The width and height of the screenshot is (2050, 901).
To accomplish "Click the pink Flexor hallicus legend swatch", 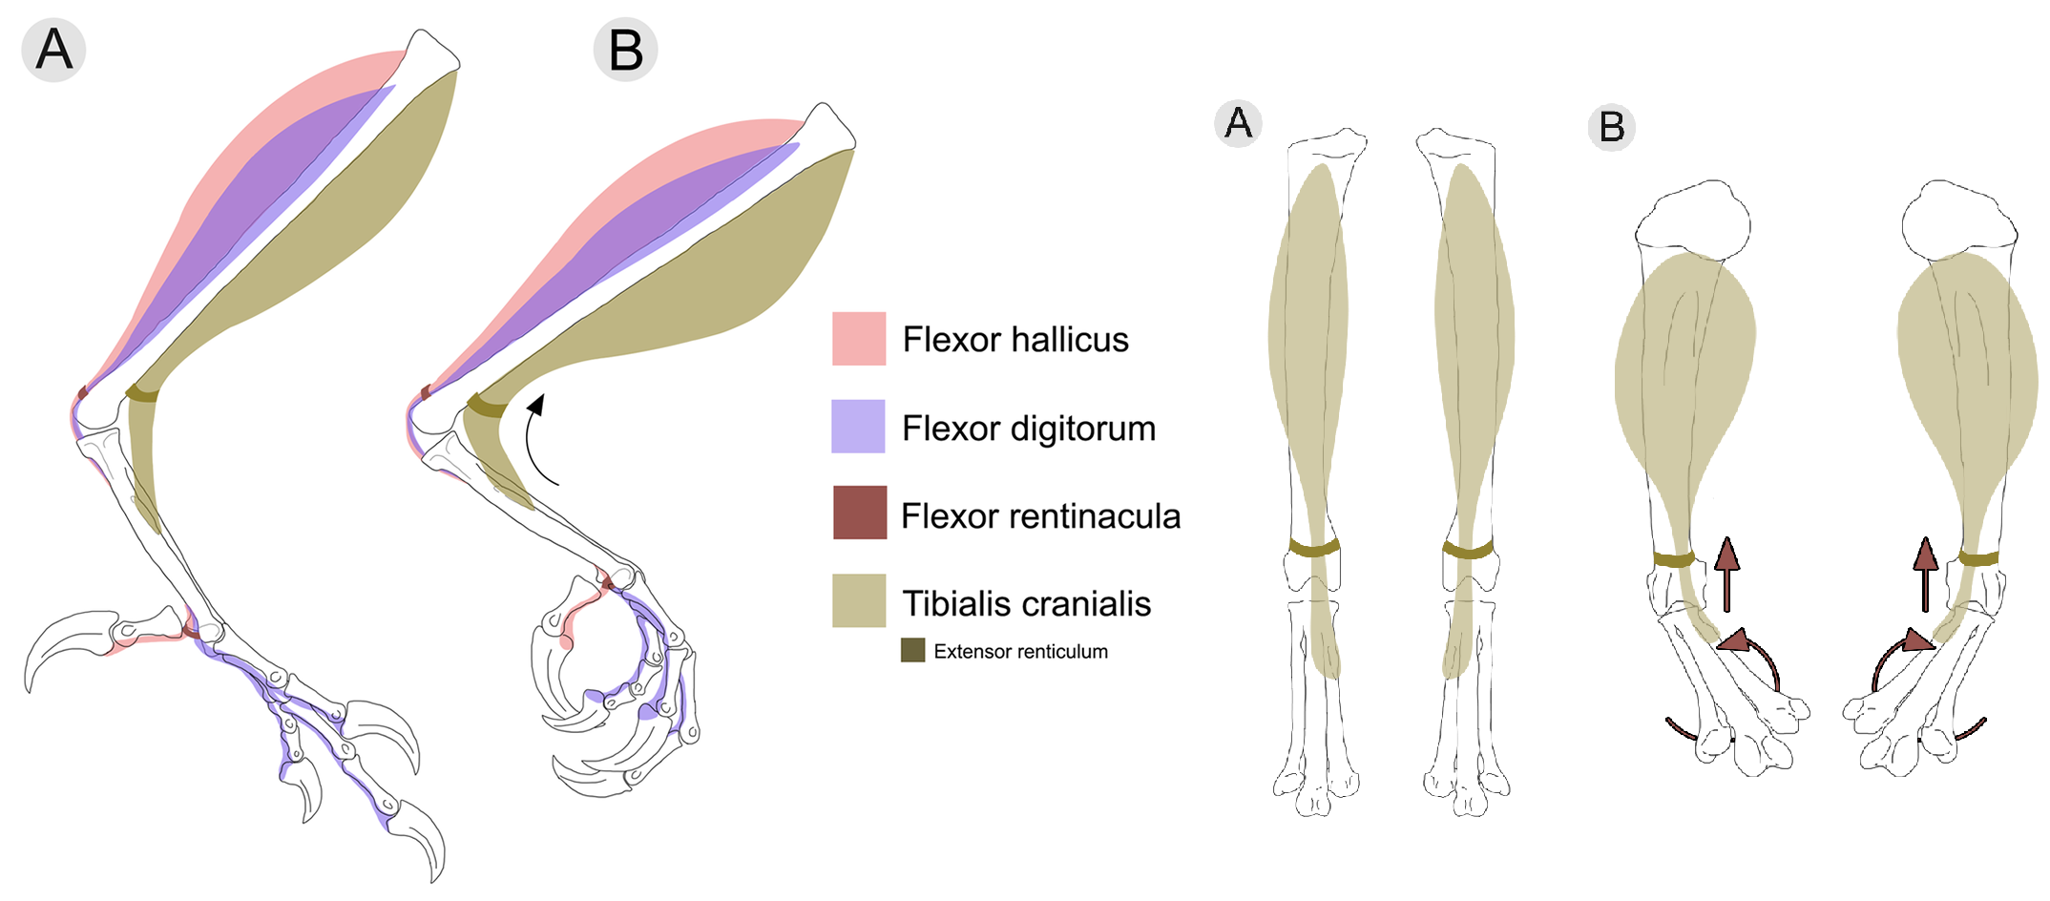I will coord(859,339).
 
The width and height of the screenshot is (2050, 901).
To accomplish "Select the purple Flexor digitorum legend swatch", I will coord(858,426).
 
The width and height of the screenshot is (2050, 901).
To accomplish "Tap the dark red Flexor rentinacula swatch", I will coord(859,513).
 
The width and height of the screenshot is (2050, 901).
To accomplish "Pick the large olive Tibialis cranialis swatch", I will coord(858,600).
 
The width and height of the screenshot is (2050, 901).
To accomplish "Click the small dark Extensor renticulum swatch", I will coord(912,651).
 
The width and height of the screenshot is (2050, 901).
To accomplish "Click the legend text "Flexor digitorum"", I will coord(1029,429).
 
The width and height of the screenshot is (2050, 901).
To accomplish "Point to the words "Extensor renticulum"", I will coord(1020,652).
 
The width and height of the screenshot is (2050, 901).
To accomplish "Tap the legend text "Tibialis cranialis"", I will coord(1026,604).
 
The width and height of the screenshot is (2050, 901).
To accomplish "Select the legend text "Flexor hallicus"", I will coord(1015,340).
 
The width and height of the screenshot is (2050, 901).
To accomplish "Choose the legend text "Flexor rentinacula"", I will coord(1040,516).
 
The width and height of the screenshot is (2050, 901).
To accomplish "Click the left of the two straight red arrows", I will coord(1726,573).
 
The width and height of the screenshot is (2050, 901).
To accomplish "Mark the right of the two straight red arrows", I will coord(1925,573).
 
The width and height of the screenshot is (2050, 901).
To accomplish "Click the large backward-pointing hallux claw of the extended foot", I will coord(57,644).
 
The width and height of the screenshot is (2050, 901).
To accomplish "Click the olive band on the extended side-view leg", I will coord(142,394).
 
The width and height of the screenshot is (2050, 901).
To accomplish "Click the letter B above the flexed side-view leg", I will coord(625,50).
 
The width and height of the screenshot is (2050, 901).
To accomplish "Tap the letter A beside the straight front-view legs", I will coord(1238,123).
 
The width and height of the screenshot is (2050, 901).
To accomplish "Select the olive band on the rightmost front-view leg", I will coord(1978,558).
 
